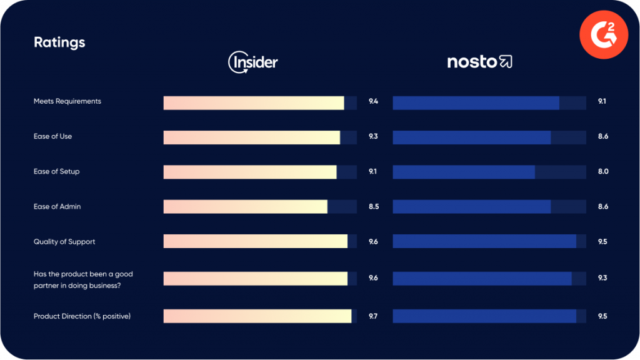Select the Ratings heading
click(59, 42)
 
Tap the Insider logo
click(253, 62)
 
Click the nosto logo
click(480, 62)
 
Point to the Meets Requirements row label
click(67, 101)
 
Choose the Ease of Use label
click(52, 136)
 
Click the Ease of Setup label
click(57, 171)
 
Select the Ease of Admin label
click(57, 206)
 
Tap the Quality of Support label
click(64, 241)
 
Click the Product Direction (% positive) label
click(82, 316)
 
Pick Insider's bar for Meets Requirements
click(254, 103)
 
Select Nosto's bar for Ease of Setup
click(464, 172)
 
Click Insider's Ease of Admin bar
click(245, 207)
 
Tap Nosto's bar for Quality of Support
click(484, 241)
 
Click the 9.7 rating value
click(373, 316)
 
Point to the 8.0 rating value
click(603, 171)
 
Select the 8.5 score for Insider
click(374, 206)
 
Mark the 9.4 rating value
click(374, 101)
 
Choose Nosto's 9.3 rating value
click(603, 277)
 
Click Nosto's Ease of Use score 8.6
click(603, 136)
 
